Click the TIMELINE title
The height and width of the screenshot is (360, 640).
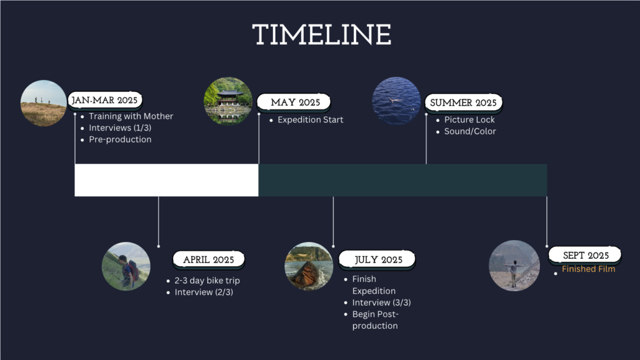pyautogui.click(x=322, y=35)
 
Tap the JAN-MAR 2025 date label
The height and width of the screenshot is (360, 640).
pyautogui.click(x=105, y=101)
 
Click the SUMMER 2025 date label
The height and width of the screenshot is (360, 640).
pyautogui.click(x=463, y=103)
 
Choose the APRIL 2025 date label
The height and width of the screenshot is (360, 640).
pyautogui.click(x=209, y=260)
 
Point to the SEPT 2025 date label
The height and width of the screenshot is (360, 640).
pyautogui.click(x=585, y=256)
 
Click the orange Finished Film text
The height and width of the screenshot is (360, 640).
pyautogui.click(x=588, y=269)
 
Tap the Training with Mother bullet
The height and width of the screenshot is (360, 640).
pyautogui.click(x=131, y=116)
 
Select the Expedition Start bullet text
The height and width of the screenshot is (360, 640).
pyautogui.click(x=310, y=120)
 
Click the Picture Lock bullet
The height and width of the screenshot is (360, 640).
pyautogui.click(x=469, y=120)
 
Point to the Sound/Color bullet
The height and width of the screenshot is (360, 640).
pyautogui.click(x=470, y=131)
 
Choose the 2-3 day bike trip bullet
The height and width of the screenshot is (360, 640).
pyautogui.click(x=207, y=281)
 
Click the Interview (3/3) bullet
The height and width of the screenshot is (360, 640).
pyautogui.click(x=381, y=303)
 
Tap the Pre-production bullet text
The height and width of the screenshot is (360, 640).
pyautogui.click(x=120, y=139)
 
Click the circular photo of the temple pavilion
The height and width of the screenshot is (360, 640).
pyautogui.click(x=228, y=101)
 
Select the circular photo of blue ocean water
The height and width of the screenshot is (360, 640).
pyautogui.click(x=396, y=101)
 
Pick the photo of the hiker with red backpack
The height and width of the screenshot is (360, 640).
pyautogui.click(x=126, y=266)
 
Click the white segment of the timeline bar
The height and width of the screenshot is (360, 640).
pyautogui.click(x=166, y=180)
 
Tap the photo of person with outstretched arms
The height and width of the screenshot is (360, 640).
pyautogui.click(x=514, y=266)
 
